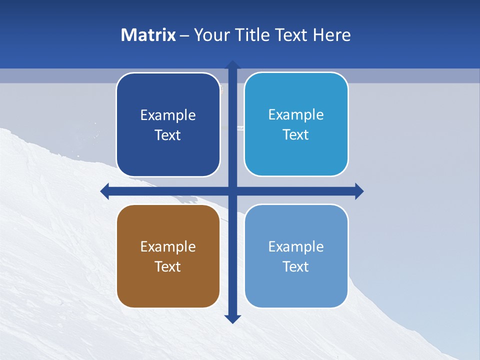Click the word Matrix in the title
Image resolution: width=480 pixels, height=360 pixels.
(x=148, y=35)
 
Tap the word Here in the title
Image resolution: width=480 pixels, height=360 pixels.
(x=331, y=35)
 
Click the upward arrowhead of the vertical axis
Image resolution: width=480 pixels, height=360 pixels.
(x=232, y=64)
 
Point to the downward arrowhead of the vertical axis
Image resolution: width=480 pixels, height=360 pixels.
(x=232, y=319)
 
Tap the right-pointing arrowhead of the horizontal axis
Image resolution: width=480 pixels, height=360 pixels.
(x=359, y=191)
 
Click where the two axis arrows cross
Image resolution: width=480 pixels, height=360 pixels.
(x=232, y=191)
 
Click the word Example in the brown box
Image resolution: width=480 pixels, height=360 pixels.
(x=168, y=246)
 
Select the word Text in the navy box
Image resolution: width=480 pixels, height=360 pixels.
(x=168, y=135)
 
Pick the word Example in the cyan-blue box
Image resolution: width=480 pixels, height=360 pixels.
(x=296, y=115)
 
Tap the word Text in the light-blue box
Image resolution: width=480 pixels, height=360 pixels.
(x=296, y=266)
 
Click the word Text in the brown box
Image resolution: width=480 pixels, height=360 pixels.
(x=168, y=266)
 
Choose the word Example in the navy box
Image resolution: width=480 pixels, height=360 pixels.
(x=168, y=115)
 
